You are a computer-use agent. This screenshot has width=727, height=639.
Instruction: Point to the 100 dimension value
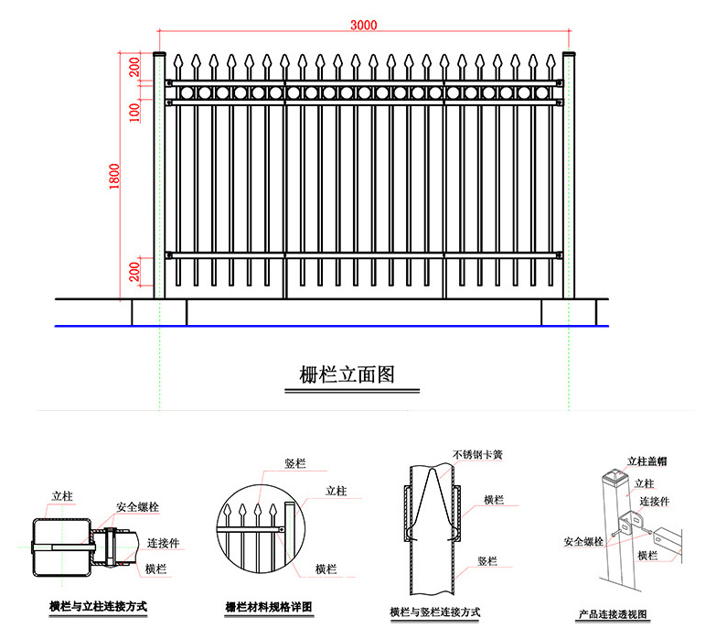coord(134,112)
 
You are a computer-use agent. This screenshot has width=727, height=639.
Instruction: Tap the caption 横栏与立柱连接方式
coord(99,606)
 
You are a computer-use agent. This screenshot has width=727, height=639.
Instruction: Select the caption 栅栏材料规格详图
coord(269,607)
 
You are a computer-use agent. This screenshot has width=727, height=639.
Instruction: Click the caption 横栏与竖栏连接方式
coord(435,612)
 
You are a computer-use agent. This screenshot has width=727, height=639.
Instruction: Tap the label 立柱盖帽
coord(647,461)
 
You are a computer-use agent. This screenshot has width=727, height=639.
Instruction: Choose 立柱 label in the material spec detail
coord(336,492)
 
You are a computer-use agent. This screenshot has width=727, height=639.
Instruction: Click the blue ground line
coord(329,326)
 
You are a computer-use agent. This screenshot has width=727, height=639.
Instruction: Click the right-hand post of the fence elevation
coord(569,174)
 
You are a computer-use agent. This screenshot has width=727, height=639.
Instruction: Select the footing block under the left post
coord(159,312)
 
